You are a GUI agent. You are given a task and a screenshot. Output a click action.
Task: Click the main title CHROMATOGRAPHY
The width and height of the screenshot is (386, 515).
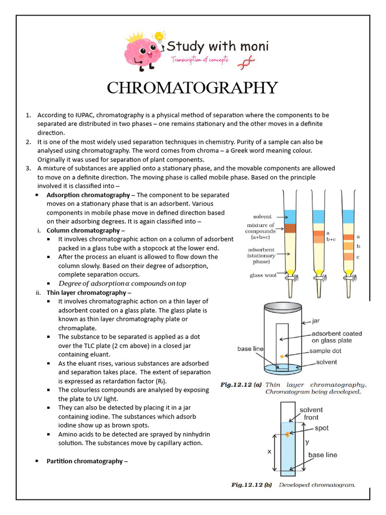coord(192,88)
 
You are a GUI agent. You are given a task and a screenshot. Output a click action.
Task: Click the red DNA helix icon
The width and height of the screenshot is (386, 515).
coord(248,61)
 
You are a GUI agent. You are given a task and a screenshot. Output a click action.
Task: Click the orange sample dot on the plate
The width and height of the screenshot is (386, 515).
coord(282,356)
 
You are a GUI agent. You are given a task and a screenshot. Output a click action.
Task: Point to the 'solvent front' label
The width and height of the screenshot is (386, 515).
coord(311,413)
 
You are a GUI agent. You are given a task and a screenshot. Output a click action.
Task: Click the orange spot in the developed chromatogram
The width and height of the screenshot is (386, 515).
coord(287,435)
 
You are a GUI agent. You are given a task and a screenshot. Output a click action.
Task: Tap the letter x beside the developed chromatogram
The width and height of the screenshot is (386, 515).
coord(269,451)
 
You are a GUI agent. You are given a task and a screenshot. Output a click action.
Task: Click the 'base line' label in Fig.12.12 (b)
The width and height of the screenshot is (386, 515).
coord(323,455)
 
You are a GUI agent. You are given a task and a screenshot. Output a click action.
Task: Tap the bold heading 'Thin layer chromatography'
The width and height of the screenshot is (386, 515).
coord(86,292)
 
